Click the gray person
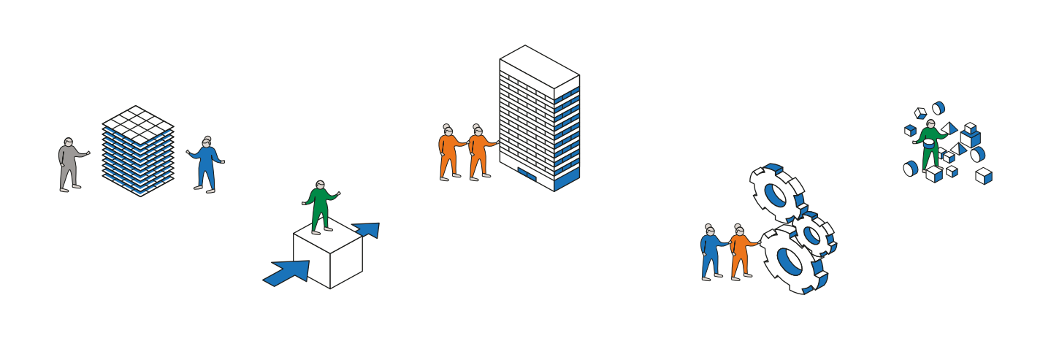pyautogui.click(x=69, y=165)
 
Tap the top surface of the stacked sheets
pyautogui.click(x=138, y=123)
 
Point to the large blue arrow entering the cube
pyautogui.click(x=288, y=272)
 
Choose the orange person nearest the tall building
pyautogui.click(x=478, y=152)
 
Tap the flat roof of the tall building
pyautogui.click(x=540, y=66)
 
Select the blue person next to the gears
pyautogui.click(x=709, y=252)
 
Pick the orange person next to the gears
pyautogui.click(x=741, y=253)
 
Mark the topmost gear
pyautogui.click(x=776, y=193)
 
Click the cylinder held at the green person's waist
pyautogui.click(x=928, y=143)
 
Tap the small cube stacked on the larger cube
pyautogui.click(x=970, y=129)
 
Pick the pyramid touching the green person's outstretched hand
pyautogui.click(x=949, y=129)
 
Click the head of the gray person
pyautogui.click(x=68, y=142)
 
